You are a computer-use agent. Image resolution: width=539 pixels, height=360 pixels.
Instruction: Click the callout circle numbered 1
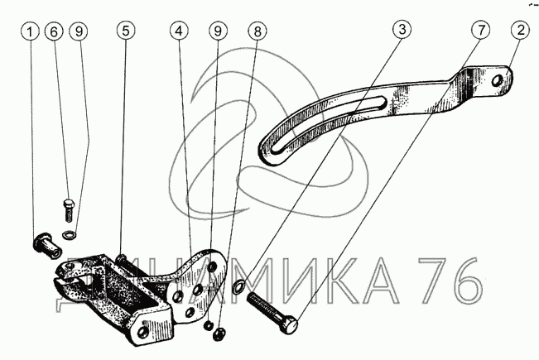point(30,32)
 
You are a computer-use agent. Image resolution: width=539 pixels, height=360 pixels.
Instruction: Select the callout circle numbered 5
point(126,31)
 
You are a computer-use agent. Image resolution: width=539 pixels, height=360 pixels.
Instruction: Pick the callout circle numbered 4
point(179,31)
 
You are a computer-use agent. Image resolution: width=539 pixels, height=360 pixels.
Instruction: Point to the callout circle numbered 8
point(257,31)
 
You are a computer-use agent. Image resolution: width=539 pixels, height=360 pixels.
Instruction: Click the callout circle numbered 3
point(402,29)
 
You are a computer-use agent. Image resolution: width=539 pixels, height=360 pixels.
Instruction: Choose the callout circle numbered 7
point(480,30)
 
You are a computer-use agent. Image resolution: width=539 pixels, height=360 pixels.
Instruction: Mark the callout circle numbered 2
point(521,30)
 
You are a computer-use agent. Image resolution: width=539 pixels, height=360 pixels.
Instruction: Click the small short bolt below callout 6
point(69,210)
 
